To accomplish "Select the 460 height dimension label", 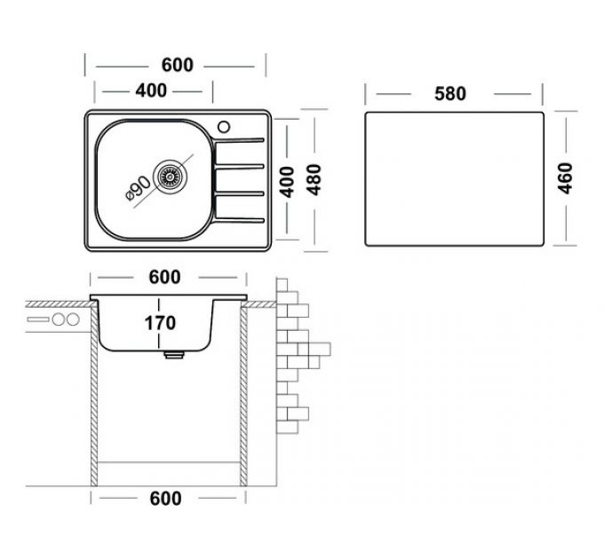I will point(567,178).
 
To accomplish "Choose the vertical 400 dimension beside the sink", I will point(286,181).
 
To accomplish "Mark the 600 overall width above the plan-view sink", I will point(177,66).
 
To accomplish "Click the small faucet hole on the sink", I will point(223,124).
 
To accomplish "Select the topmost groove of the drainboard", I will point(241,140).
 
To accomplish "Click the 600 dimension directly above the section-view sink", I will point(164,277).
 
